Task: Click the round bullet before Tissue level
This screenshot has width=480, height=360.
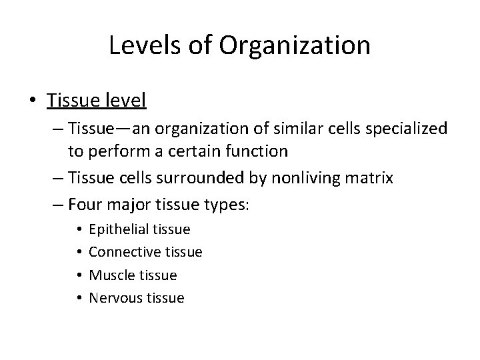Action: [x=32, y=101]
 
